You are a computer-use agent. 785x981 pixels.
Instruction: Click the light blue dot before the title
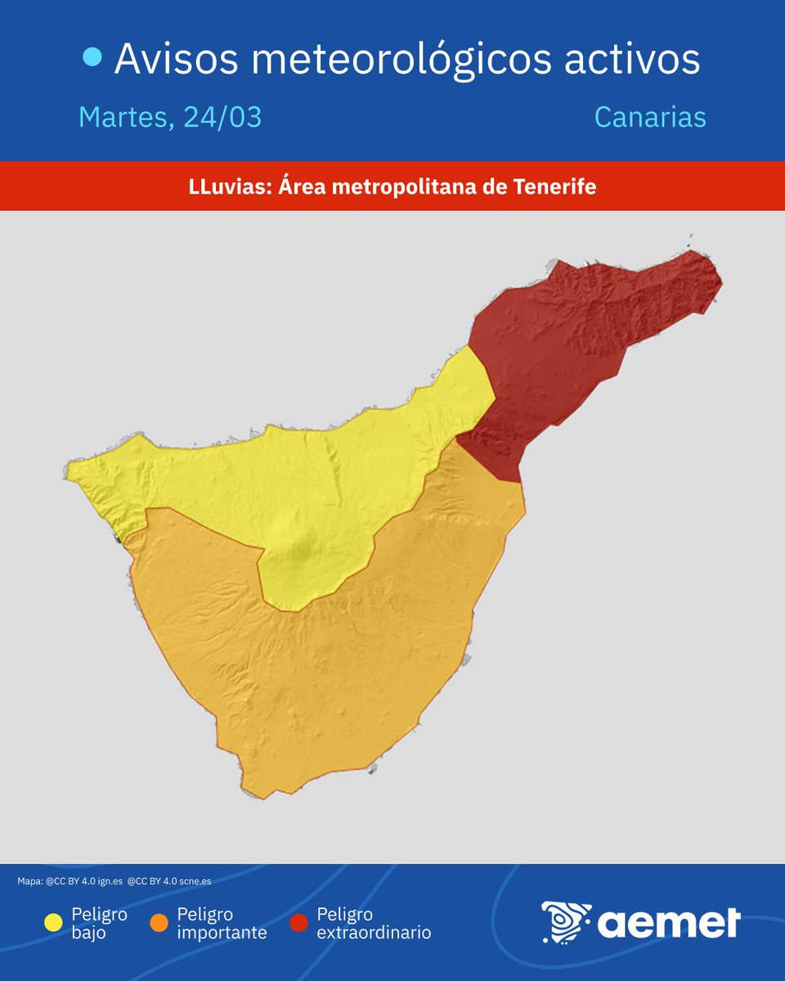click(92, 57)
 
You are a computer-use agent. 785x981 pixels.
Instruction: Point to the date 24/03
click(222, 117)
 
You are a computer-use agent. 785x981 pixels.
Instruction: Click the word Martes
click(125, 118)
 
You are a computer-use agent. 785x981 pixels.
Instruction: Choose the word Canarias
click(649, 117)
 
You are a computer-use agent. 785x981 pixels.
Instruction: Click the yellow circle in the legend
click(53, 923)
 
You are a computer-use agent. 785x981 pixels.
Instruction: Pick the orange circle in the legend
click(159, 923)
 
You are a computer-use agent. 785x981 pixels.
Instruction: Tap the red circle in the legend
click(299, 923)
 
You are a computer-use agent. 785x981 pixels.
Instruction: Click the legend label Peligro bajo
click(99, 923)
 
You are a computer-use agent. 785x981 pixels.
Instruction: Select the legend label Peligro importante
click(222, 923)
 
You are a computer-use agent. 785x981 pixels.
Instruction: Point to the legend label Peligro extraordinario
click(374, 923)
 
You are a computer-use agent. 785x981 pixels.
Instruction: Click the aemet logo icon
click(566, 922)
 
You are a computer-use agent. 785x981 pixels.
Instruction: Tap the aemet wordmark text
click(669, 923)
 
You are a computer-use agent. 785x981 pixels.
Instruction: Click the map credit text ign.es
click(109, 881)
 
